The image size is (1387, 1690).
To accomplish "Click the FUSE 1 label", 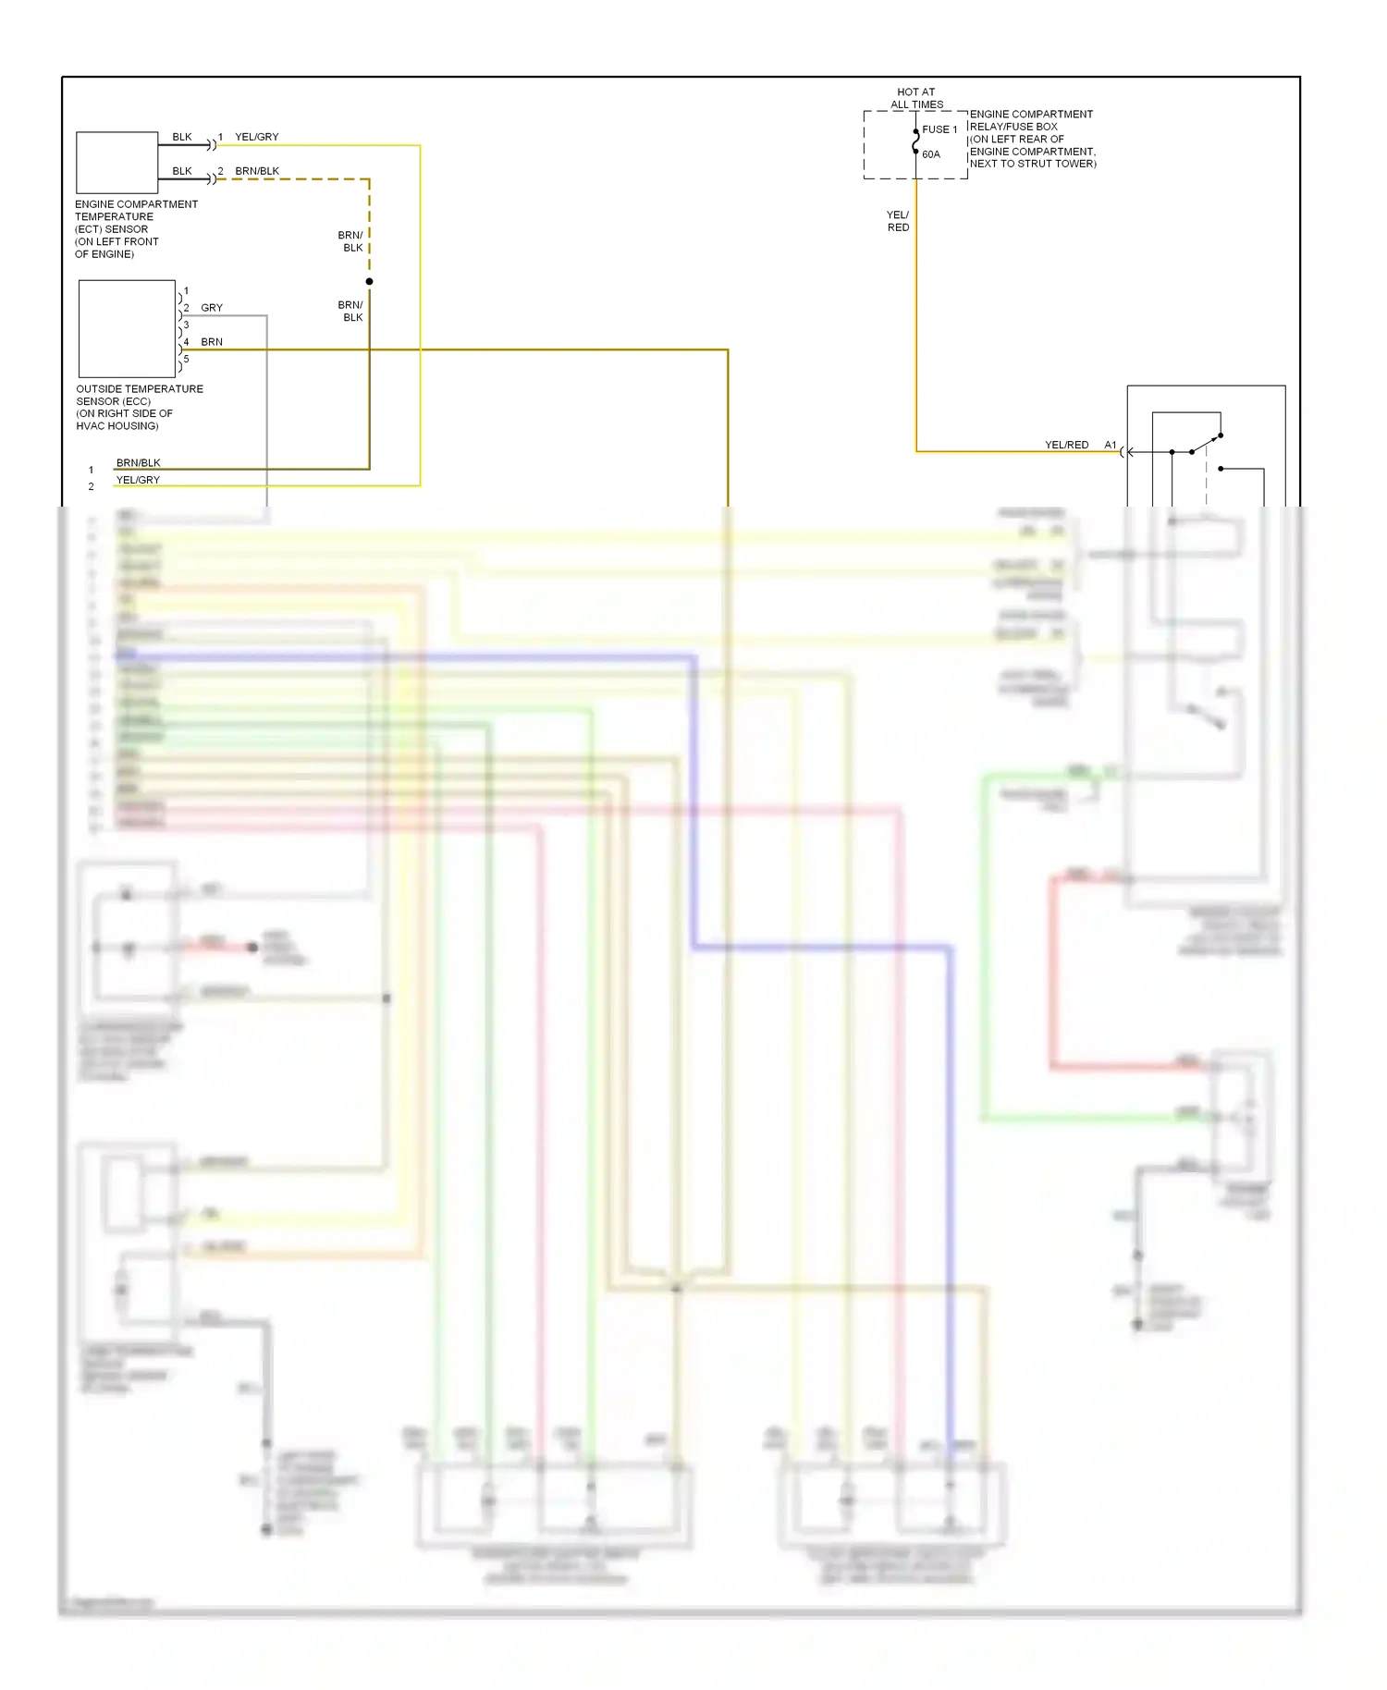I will coord(939,129).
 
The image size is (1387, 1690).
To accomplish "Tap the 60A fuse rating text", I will coord(931,154).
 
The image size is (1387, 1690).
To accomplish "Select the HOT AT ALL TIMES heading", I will coord(916,98).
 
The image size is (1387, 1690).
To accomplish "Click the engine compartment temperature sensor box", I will coord(117,162).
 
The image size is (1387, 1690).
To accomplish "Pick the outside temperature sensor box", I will coord(127,328).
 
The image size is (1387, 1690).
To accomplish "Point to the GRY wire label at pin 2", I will coord(212,308).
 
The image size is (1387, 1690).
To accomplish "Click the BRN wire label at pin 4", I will coord(212,342).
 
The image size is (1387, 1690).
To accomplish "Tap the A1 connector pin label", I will coord(1110,445).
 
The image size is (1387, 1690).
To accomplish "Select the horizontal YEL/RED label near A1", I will coord(1066,445).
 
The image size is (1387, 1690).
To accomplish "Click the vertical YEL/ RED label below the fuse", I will coord(898,221).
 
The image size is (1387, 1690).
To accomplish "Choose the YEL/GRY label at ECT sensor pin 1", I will coord(256,137).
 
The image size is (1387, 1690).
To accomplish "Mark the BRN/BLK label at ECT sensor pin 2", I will coord(257,171).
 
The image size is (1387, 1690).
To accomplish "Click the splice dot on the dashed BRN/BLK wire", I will coord(369,281).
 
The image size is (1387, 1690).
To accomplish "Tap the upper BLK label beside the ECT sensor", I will coord(182,137).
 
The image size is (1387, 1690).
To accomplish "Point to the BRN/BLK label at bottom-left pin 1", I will coord(138,462).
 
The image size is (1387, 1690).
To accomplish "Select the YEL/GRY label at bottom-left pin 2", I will coord(138,480).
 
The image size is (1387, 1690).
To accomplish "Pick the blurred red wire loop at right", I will coord(1052,971).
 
